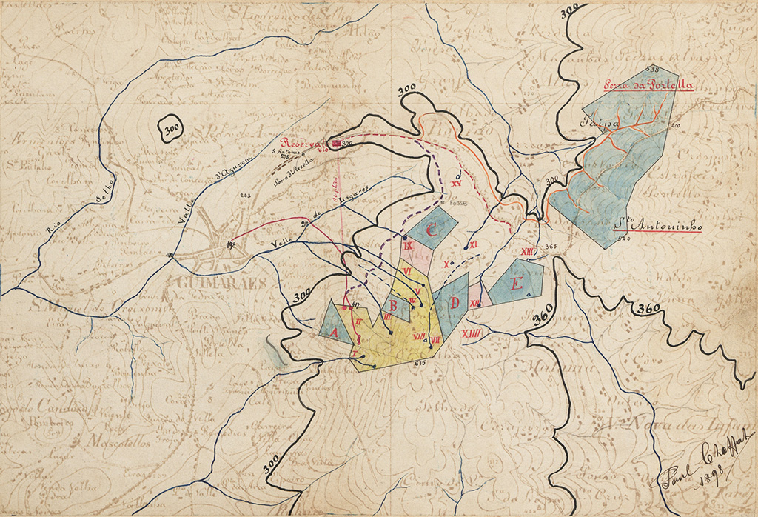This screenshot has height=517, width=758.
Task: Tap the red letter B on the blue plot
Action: (395, 304)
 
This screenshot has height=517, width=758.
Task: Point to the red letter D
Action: (454, 302)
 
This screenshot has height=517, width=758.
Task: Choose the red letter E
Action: (517, 284)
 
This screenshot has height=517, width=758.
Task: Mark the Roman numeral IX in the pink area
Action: (408, 246)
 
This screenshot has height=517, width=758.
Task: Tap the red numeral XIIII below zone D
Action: (472, 334)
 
